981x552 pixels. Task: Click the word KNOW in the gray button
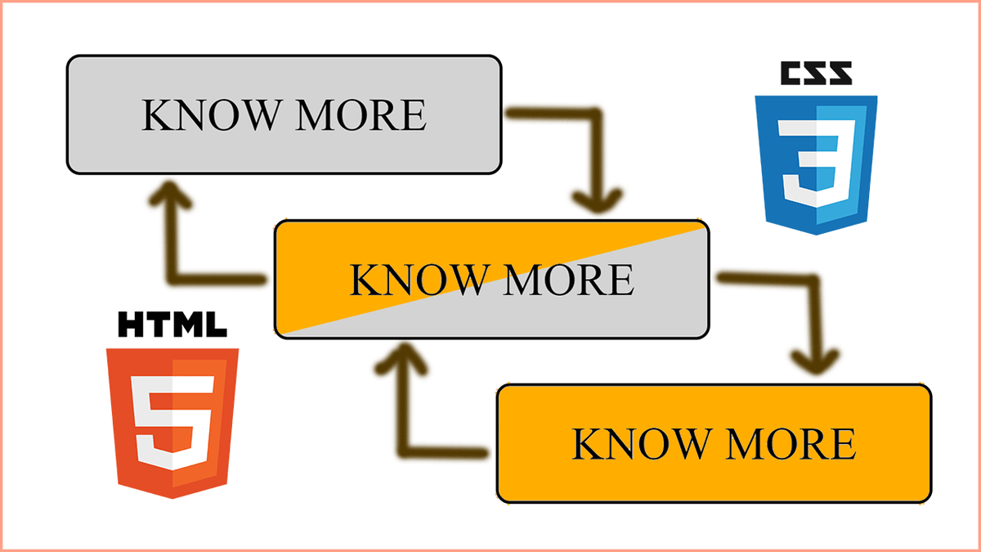point(211,114)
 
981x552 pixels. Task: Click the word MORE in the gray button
point(361,114)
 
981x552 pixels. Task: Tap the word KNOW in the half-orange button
point(419,280)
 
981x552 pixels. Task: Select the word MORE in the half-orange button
point(569,280)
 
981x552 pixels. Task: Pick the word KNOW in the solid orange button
point(641,443)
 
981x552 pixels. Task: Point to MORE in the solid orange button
point(791,443)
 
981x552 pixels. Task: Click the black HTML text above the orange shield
point(172,324)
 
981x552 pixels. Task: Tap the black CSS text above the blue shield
point(817,73)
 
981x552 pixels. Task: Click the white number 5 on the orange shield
point(173,423)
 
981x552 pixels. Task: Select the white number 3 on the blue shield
point(817,163)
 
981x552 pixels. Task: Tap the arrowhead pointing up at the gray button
point(170,194)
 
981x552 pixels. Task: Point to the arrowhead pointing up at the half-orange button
point(402,357)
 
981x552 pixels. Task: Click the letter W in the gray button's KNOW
point(258,115)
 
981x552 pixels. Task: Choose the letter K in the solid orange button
point(587,443)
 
